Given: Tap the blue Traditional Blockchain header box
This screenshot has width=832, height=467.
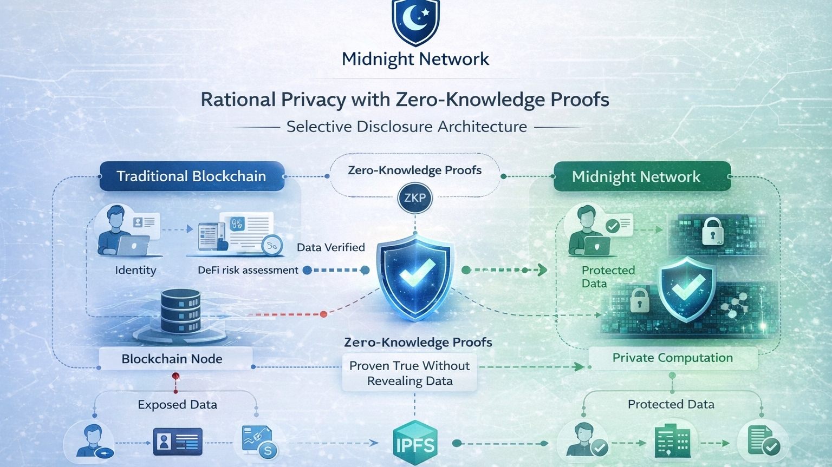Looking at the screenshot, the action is pyautogui.click(x=192, y=176).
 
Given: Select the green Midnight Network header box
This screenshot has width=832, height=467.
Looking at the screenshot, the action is pyautogui.click(x=641, y=177).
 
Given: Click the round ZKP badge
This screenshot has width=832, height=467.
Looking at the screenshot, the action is pyautogui.click(x=415, y=198).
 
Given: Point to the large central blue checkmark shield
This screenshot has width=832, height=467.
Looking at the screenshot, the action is pyautogui.click(x=415, y=276).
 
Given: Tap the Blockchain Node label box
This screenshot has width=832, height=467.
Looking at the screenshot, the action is pyautogui.click(x=172, y=359).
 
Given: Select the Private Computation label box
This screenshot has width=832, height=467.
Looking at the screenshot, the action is pyautogui.click(x=672, y=358).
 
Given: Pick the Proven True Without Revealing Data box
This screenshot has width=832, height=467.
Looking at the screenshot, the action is pyautogui.click(x=409, y=373).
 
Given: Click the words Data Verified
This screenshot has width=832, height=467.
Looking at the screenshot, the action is pyautogui.click(x=331, y=247).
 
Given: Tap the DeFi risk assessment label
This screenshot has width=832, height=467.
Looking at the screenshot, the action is pyautogui.click(x=248, y=270).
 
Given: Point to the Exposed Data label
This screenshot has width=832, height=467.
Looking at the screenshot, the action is pyautogui.click(x=177, y=405).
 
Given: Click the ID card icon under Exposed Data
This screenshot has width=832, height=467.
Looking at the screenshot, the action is pyautogui.click(x=178, y=442).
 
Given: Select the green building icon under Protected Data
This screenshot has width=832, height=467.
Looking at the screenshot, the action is pyautogui.click(x=672, y=442).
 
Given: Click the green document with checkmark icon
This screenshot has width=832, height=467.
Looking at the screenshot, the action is pyautogui.click(x=763, y=440).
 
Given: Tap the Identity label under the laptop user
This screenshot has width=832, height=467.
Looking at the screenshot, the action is pyautogui.click(x=135, y=270).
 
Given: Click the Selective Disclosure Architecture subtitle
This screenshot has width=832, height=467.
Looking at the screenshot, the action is pyautogui.click(x=406, y=127).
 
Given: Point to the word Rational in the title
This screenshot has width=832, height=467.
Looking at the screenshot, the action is pyautogui.click(x=238, y=100).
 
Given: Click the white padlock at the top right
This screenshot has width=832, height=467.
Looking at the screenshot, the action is pyautogui.click(x=712, y=231).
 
